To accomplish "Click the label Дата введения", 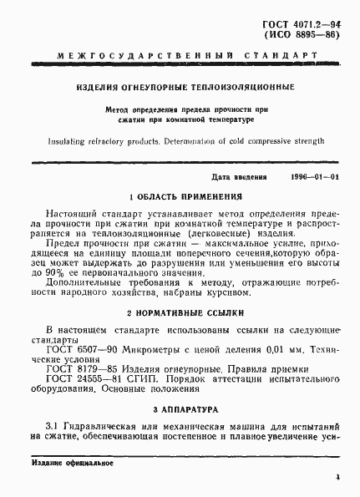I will tap(239, 178).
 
